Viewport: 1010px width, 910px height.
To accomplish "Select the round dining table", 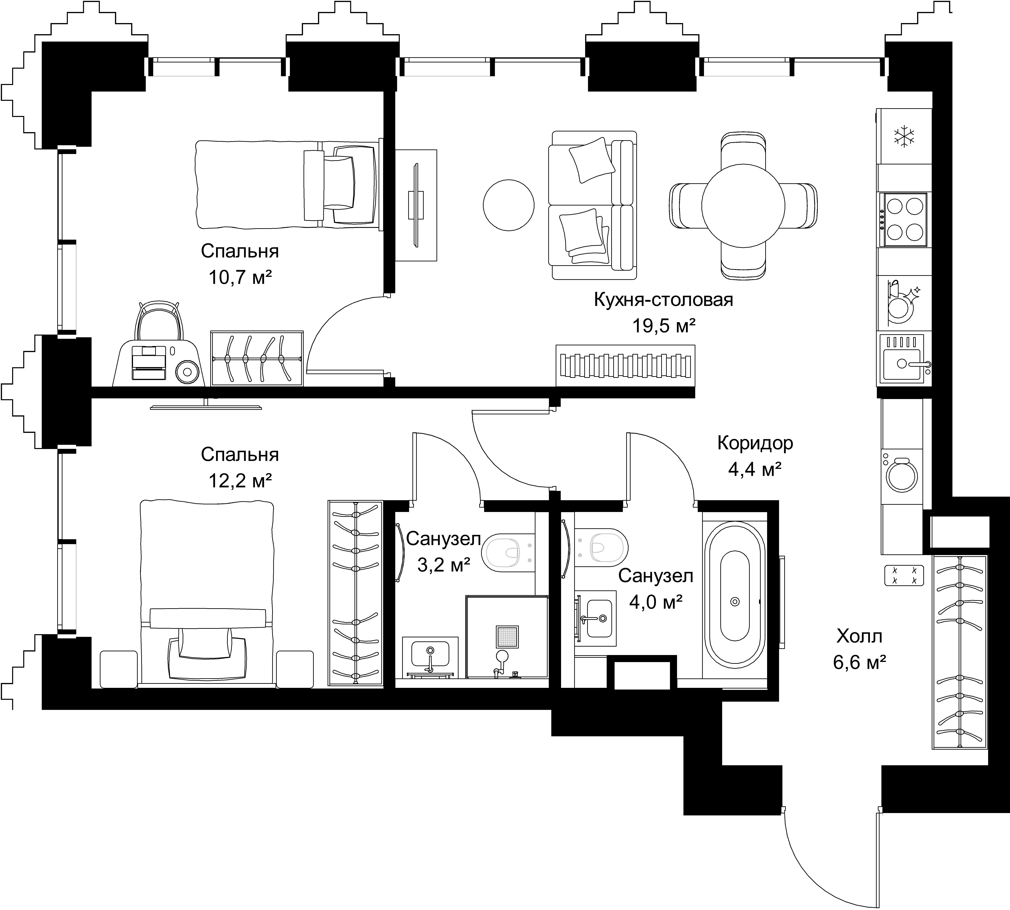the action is [743, 205].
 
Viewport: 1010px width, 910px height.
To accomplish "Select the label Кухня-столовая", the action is [664, 300].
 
